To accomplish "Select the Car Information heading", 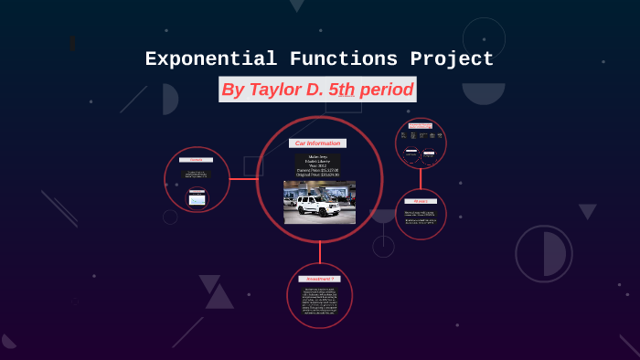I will pyautogui.click(x=317, y=143).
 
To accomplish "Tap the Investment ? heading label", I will pyautogui.click(x=320, y=278).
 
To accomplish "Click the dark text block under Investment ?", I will pyautogui.click(x=319, y=300).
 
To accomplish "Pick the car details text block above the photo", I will pyautogui.click(x=317, y=165).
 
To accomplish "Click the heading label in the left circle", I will pyautogui.click(x=196, y=160).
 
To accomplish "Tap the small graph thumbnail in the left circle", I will pyautogui.click(x=197, y=198).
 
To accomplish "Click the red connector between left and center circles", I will pyautogui.click(x=243, y=179).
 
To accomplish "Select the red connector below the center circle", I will pyautogui.click(x=320, y=252).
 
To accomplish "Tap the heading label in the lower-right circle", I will pyautogui.click(x=421, y=201).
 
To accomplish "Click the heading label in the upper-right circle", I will pyautogui.click(x=421, y=125).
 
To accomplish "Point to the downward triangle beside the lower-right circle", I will pyautogui.click(x=587, y=211).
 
